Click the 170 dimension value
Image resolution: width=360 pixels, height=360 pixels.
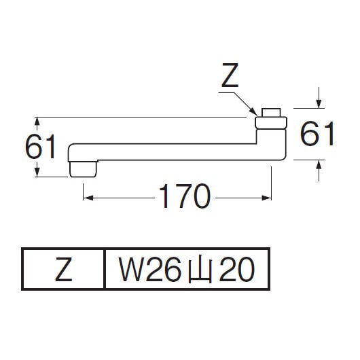tap(185, 196)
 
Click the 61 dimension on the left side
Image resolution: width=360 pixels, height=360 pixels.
tap(40, 147)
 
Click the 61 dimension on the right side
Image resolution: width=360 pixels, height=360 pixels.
tap(317, 134)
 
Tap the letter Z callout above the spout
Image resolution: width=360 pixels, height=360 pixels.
tap(230, 75)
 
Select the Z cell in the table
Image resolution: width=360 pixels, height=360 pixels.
tap(64, 269)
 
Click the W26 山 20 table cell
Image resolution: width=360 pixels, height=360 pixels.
tap(187, 269)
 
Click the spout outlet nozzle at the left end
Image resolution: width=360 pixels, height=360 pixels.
tap(83, 169)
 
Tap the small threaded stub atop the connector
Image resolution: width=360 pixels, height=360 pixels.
tap(271, 113)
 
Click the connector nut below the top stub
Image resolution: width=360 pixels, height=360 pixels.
tap(271, 122)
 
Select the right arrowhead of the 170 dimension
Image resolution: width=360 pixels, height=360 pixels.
tap(266, 198)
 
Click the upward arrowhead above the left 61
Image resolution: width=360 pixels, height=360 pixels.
tap(37, 121)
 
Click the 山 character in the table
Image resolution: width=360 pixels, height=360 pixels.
tap(200, 268)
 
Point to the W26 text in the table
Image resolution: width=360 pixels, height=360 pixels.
tap(149, 269)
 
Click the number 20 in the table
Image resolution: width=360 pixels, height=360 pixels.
tap(236, 269)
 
